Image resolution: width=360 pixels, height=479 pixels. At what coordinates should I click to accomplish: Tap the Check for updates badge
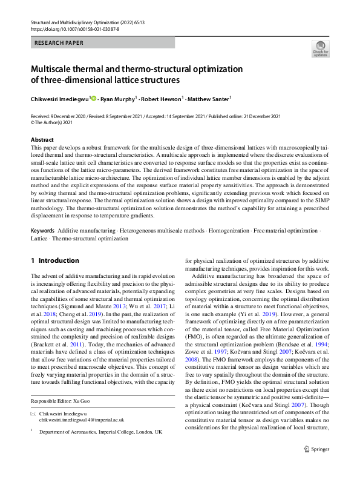tap(319, 49)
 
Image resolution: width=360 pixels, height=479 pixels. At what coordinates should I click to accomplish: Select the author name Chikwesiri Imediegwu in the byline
tap(59, 97)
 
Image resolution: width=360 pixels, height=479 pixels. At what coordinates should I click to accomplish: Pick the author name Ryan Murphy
tap(119, 97)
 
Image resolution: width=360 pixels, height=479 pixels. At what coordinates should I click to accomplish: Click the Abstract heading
tap(42, 140)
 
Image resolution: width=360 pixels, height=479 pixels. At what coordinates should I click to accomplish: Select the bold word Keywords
tap(43, 231)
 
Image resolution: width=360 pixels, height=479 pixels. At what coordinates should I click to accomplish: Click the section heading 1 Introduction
tap(54, 261)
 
